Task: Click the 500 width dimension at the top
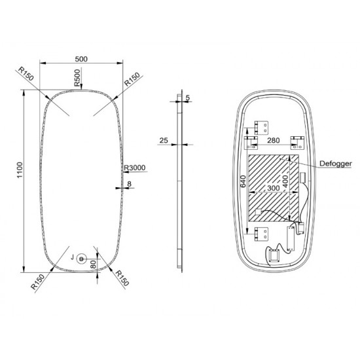82,59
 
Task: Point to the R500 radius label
79,79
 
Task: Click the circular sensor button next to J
82,258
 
